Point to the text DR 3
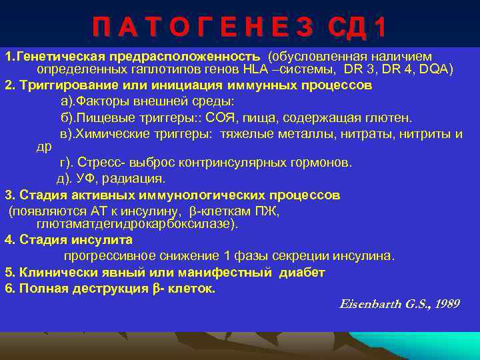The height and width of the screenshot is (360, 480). (x=360, y=69)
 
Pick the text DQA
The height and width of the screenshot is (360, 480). (x=433, y=69)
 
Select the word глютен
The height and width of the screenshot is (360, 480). (x=393, y=118)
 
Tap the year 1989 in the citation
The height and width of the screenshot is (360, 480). (x=447, y=304)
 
